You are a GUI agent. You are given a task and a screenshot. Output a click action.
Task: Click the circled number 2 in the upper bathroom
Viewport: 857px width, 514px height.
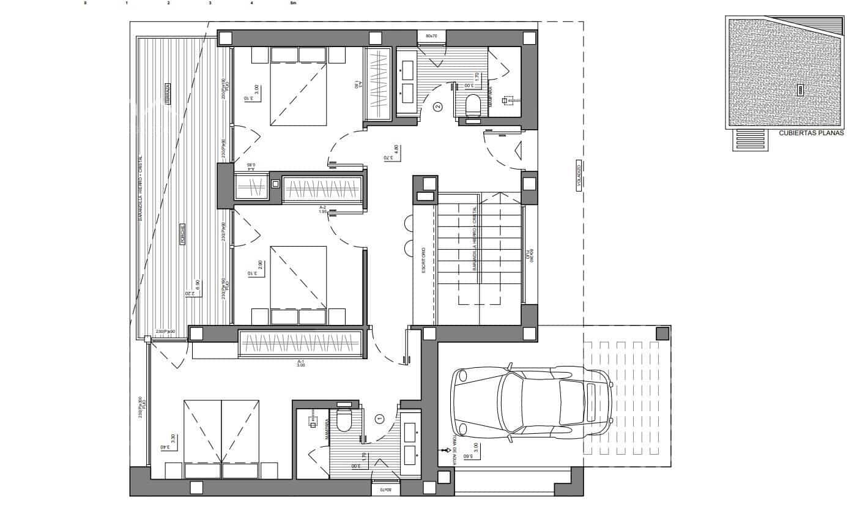coord(437,107)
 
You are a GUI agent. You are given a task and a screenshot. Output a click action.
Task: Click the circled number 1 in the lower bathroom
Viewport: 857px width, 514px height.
coord(379,419)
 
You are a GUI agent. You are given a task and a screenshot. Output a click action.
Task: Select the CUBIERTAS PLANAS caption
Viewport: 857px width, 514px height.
coord(811,133)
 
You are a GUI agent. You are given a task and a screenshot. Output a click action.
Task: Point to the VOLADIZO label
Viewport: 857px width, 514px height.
coord(579,177)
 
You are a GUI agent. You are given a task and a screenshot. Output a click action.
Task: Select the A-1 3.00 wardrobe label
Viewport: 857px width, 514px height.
coord(300,363)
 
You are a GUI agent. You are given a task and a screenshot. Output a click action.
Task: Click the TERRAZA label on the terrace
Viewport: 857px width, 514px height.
coord(167,94)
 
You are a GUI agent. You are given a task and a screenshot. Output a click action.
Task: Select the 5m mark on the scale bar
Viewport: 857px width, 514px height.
coord(293,3)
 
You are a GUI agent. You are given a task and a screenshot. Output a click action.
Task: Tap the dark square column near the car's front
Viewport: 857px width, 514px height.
coord(661,333)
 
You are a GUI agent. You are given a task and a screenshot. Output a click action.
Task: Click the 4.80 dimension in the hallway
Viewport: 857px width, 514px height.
coord(396,149)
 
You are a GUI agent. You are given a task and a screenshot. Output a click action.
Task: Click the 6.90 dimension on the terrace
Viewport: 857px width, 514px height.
coord(197,285)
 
